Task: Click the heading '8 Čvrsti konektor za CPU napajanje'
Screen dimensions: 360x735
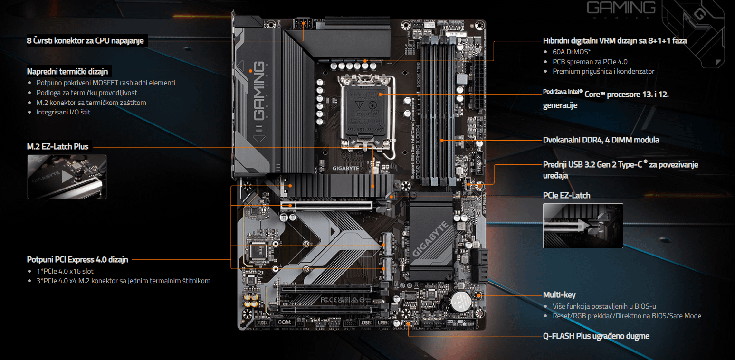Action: tap(85, 41)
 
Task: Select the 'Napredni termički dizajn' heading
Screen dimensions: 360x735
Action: tap(67, 72)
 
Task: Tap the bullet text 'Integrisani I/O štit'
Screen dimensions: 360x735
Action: tap(63, 112)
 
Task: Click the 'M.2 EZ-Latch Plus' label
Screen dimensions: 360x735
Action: tap(57, 147)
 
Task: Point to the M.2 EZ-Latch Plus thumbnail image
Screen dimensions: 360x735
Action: tap(67, 177)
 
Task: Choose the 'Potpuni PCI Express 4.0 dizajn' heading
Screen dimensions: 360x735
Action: tap(77, 260)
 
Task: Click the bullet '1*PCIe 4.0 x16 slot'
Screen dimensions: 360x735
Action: tap(65, 271)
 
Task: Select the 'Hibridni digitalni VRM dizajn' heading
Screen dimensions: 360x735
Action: tap(614, 41)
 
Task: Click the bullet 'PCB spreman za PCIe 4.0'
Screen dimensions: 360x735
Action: tap(590, 61)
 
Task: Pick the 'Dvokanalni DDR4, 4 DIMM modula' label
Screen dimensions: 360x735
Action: tap(601, 140)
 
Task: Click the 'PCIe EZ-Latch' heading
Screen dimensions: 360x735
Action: tap(566, 195)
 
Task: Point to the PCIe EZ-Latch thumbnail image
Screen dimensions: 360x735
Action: tap(582, 226)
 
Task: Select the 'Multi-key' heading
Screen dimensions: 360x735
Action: tap(559, 295)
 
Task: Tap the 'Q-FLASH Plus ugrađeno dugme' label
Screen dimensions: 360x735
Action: tap(596, 336)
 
